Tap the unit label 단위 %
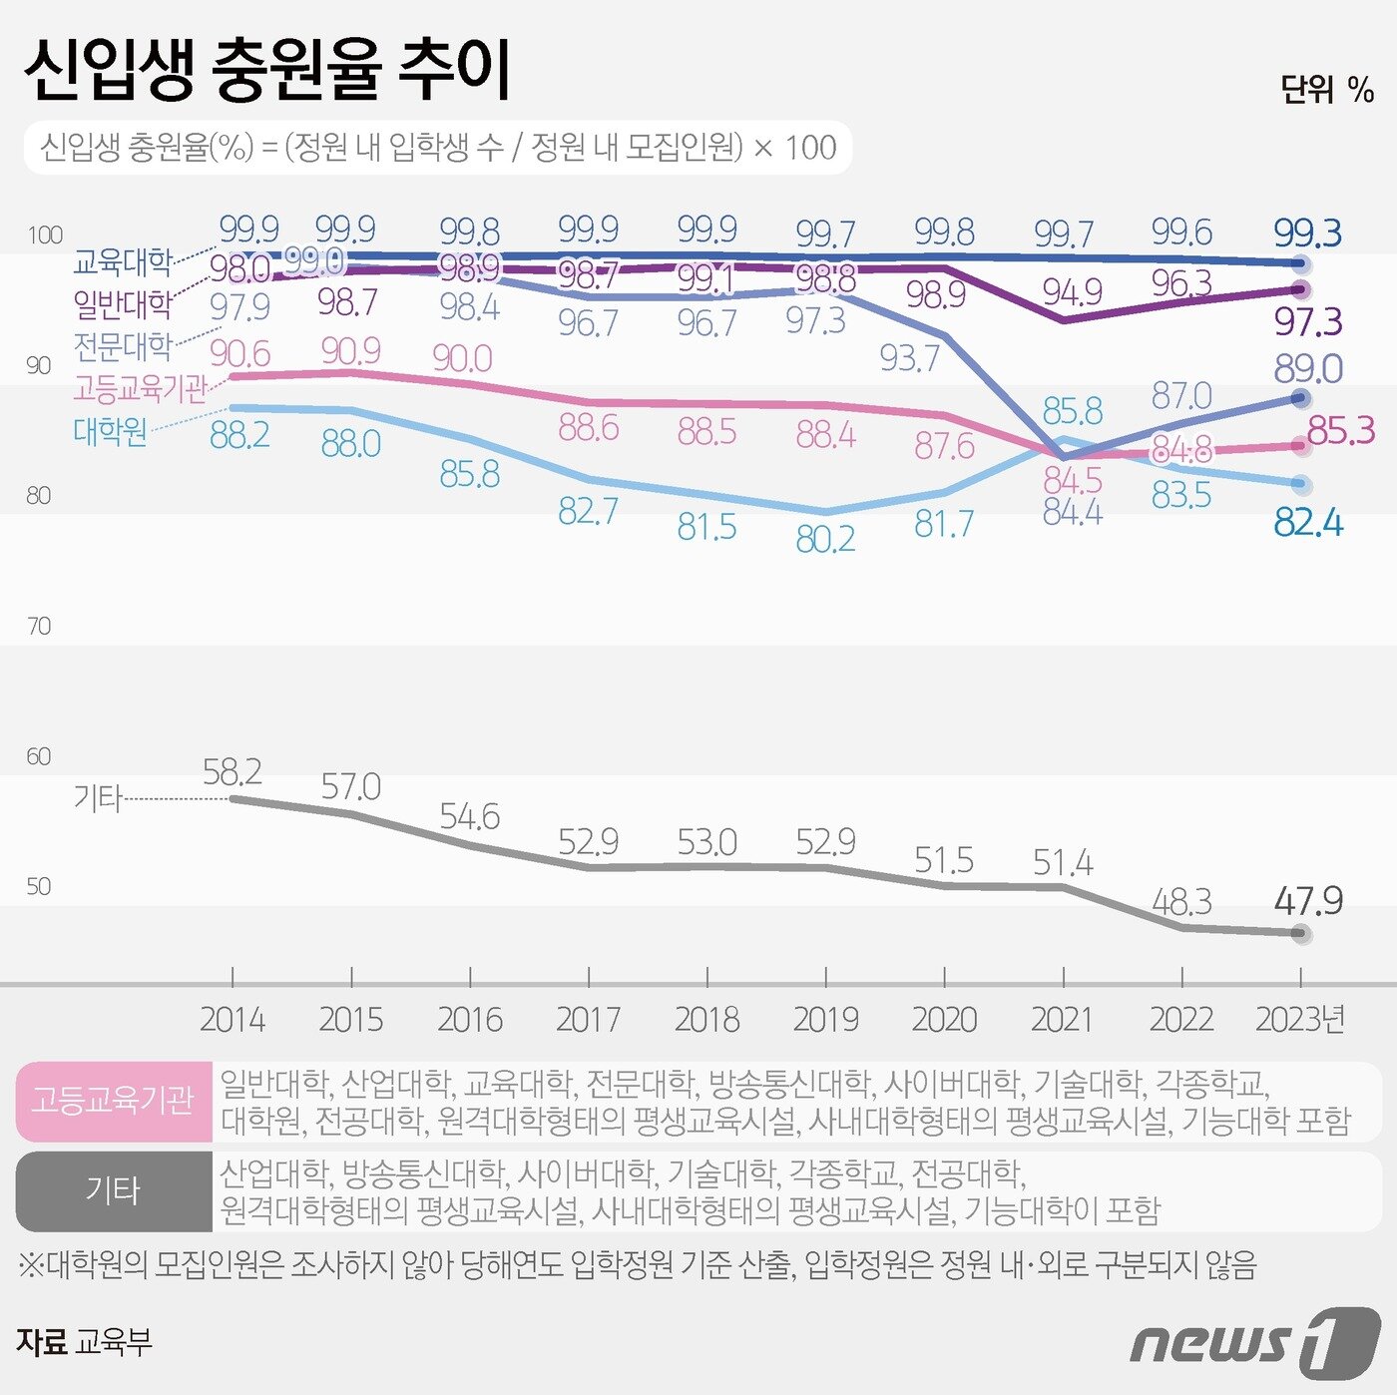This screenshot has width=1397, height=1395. pyautogui.click(x=1327, y=90)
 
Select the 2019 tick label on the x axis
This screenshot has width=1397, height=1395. pyautogui.click(x=825, y=1020)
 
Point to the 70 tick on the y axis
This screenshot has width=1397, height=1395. pyautogui.click(x=38, y=626)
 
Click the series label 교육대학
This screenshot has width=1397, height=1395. pyautogui.click(x=123, y=262)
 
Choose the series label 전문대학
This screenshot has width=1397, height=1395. pyautogui.click(x=123, y=346)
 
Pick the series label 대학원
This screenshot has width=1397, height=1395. pyautogui.click(x=110, y=431)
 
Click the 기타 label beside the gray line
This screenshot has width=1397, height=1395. pyautogui.click(x=97, y=798)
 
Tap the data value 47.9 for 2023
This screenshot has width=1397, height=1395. pyautogui.click(x=1308, y=901)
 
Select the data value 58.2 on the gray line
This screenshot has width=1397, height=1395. pyautogui.click(x=232, y=771)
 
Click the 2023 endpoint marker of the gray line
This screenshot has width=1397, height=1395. pyautogui.click(x=1300, y=933)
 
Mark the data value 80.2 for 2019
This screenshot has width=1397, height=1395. pyautogui.click(x=825, y=540)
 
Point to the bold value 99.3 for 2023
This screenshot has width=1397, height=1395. pyautogui.click(x=1308, y=233)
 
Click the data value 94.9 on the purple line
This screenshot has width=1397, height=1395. pyautogui.click(x=1072, y=292)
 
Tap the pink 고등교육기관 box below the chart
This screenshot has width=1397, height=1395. pyautogui.click(x=114, y=1101)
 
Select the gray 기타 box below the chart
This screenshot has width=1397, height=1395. pyautogui.click(x=114, y=1191)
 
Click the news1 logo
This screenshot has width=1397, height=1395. pyautogui.click(x=1254, y=1343)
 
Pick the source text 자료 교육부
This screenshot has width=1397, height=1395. pyautogui.click(x=85, y=1342)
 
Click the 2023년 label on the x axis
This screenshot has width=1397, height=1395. pyautogui.click(x=1300, y=1020)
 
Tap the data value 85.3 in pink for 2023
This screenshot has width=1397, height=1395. pyautogui.click(x=1340, y=430)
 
